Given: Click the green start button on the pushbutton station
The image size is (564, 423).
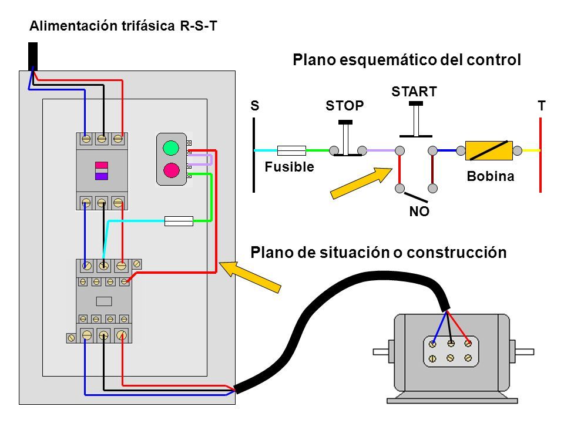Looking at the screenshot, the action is pos(171,147).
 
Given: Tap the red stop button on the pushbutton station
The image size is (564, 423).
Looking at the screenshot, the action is pos(171,170).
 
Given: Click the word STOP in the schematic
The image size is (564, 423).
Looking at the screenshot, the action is pos(345,106).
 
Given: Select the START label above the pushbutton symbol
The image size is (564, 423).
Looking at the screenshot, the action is pos(414,92).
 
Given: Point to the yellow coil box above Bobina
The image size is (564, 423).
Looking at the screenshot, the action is pos(489,150).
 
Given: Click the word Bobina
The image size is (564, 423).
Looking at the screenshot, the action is pos(490,176).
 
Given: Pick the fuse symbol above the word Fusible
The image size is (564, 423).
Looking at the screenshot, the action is pos(291,150).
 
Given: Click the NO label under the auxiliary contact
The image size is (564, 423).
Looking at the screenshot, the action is pos(419,211).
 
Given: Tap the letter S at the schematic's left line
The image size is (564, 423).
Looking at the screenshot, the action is pos(254,106).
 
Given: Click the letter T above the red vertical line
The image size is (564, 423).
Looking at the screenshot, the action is pos(541,106).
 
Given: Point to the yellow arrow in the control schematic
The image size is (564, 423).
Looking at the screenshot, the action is pos(361,183).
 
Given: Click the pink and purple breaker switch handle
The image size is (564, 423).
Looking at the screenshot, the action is pos(102,171).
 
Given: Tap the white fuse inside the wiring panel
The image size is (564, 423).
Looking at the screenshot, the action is pos(179,221).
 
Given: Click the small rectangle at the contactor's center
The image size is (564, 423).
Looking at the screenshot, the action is pos(104,301).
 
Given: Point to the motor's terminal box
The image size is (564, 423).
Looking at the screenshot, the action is pos(451,351).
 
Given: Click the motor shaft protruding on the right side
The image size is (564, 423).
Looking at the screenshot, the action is pos(525,352).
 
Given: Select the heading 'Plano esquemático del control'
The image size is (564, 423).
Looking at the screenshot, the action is pos(407,60).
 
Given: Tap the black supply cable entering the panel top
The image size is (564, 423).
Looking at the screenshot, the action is pos(33,56).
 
